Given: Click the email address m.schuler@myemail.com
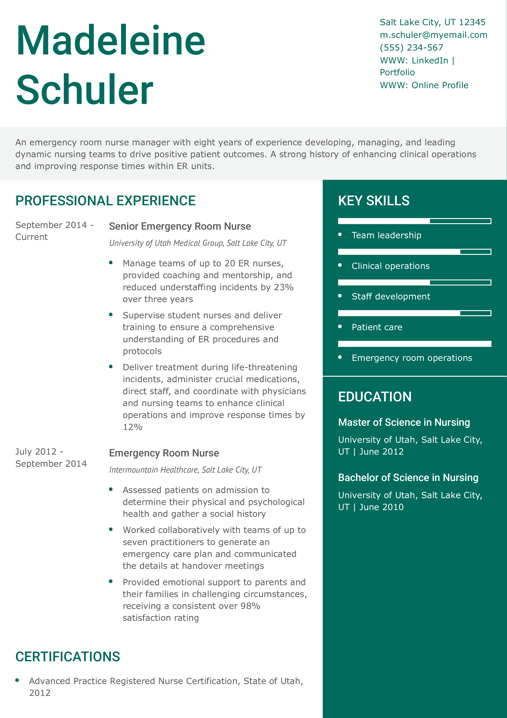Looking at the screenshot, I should coord(433,35).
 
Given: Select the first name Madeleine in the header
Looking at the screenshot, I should coord(111,41).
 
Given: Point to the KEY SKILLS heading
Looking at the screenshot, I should coord(374,201).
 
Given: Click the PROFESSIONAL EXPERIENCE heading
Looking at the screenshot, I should coord(105,201).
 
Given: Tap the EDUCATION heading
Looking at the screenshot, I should coord(374,397).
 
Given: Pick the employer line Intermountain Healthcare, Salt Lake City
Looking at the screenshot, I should coord(185,470).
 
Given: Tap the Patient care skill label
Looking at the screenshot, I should coord(377,327).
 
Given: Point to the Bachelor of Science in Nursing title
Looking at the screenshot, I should coord(408,478).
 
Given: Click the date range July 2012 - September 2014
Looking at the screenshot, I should coord(51,457).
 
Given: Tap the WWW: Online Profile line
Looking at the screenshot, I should coord(424,85).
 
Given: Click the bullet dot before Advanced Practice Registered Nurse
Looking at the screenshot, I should coord(17,680).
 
